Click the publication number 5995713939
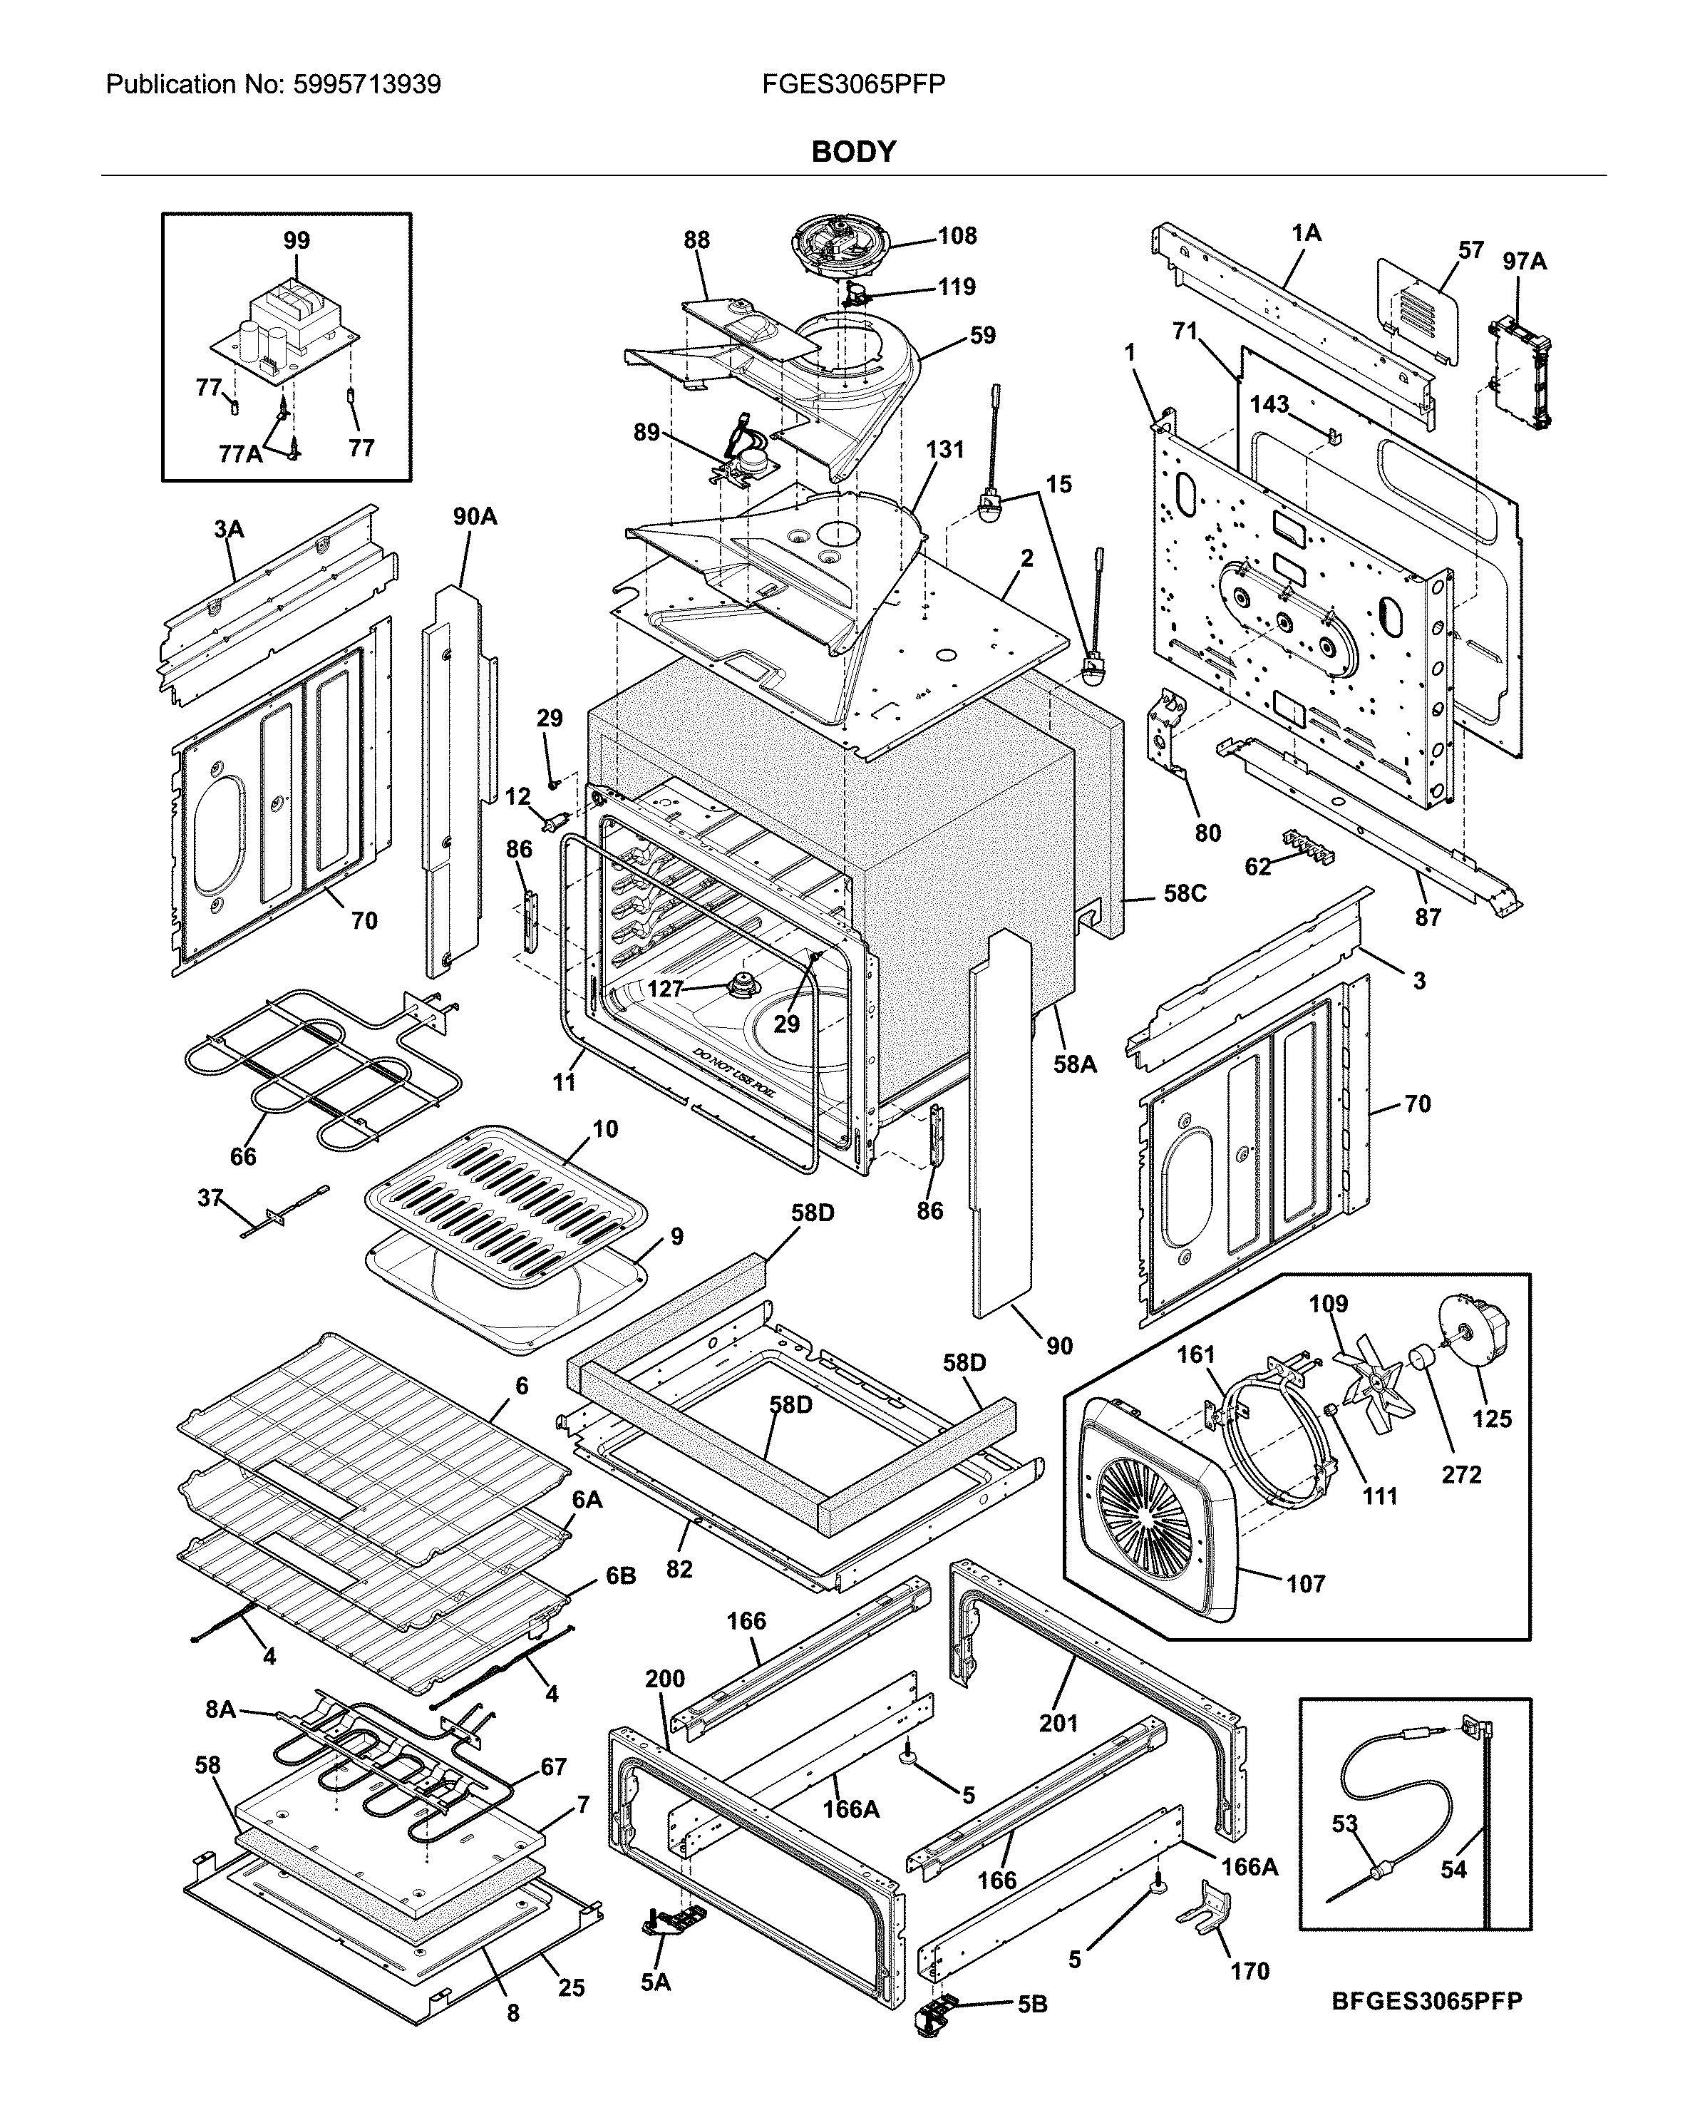366,85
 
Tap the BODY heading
852,152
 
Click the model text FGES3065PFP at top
852,85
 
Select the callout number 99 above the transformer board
296,240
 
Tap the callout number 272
1460,1473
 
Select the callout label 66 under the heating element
242,1156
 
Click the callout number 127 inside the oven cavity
665,989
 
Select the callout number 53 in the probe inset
1344,1823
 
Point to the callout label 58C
1185,893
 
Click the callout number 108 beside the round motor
956,235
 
